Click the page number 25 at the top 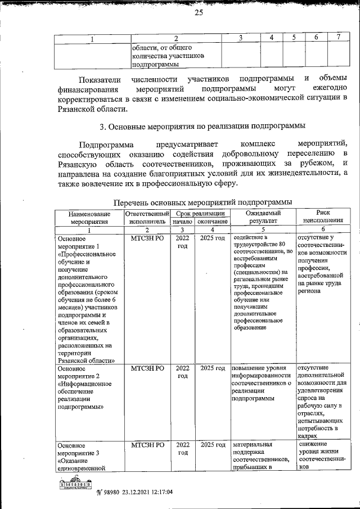[x=198, y=14]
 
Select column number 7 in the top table [x=339, y=38]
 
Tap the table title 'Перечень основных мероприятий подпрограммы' [x=202, y=202]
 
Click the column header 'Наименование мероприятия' [x=88, y=217]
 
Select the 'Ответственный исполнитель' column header [x=147, y=217]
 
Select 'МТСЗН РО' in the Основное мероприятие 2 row [x=147, y=368]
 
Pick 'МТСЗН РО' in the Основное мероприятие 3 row [x=147, y=445]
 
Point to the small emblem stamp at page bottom [x=75, y=484]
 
